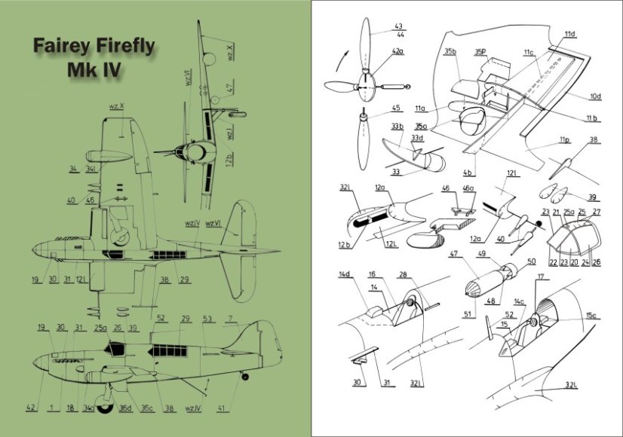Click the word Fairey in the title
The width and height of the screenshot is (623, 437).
click(63, 47)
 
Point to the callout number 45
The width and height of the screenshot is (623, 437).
click(396, 108)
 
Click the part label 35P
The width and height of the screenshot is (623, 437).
click(480, 52)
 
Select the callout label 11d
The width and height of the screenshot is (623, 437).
click(569, 35)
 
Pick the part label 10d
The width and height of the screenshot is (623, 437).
click(595, 96)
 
